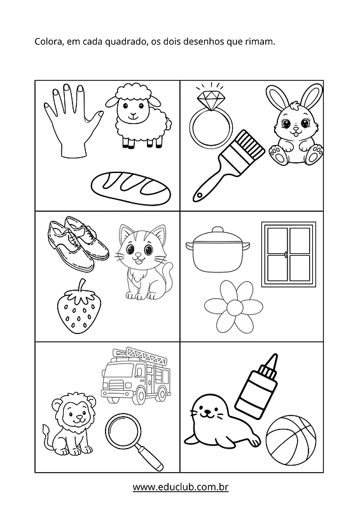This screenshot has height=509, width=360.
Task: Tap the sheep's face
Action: tap(133, 108)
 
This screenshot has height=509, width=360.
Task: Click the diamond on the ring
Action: tap(211, 97)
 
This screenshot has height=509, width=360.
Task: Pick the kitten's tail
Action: tap(167, 275)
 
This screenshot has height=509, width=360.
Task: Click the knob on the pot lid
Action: tap(218, 230)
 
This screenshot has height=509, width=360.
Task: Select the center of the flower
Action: tap(233, 307)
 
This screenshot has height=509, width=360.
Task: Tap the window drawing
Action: tap(289, 254)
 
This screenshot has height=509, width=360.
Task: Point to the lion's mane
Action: tap(74, 410)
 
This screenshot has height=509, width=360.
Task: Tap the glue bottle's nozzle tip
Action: tap(274, 355)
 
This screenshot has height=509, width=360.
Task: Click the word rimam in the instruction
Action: tap(258, 41)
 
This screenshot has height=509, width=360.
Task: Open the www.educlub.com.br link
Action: tap(181, 487)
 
